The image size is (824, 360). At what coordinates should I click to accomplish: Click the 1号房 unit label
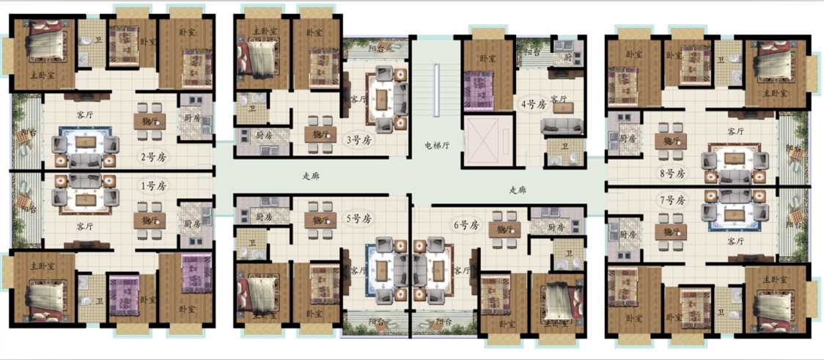153,185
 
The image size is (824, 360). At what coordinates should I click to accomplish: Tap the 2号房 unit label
153,156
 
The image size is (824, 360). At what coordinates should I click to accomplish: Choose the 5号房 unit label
359,218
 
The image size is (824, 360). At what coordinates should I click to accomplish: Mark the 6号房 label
466,224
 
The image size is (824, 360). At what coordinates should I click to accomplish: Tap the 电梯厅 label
437,144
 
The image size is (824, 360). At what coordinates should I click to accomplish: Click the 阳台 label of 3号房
378,48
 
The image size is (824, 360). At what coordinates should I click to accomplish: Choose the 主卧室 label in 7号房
775,279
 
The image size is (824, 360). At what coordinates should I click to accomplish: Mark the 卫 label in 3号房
252,107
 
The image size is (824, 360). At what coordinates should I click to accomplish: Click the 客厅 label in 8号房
735,131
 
